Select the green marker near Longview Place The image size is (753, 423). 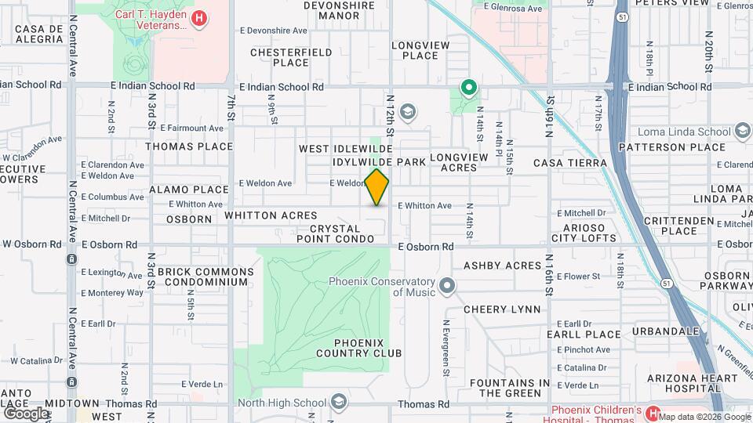[468, 88]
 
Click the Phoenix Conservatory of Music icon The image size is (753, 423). [447, 286]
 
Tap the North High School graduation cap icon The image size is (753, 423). [338, 403]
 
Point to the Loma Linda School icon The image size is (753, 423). [742, 132]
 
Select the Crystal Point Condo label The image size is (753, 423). [340, 233]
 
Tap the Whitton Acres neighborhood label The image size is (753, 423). [271, 215]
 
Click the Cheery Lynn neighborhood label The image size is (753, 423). [502, 309]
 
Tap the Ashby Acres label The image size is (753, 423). [503, 266]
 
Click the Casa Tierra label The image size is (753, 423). [570, 163]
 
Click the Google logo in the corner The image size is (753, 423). [26, 412]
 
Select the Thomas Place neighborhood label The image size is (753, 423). [189, 146]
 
